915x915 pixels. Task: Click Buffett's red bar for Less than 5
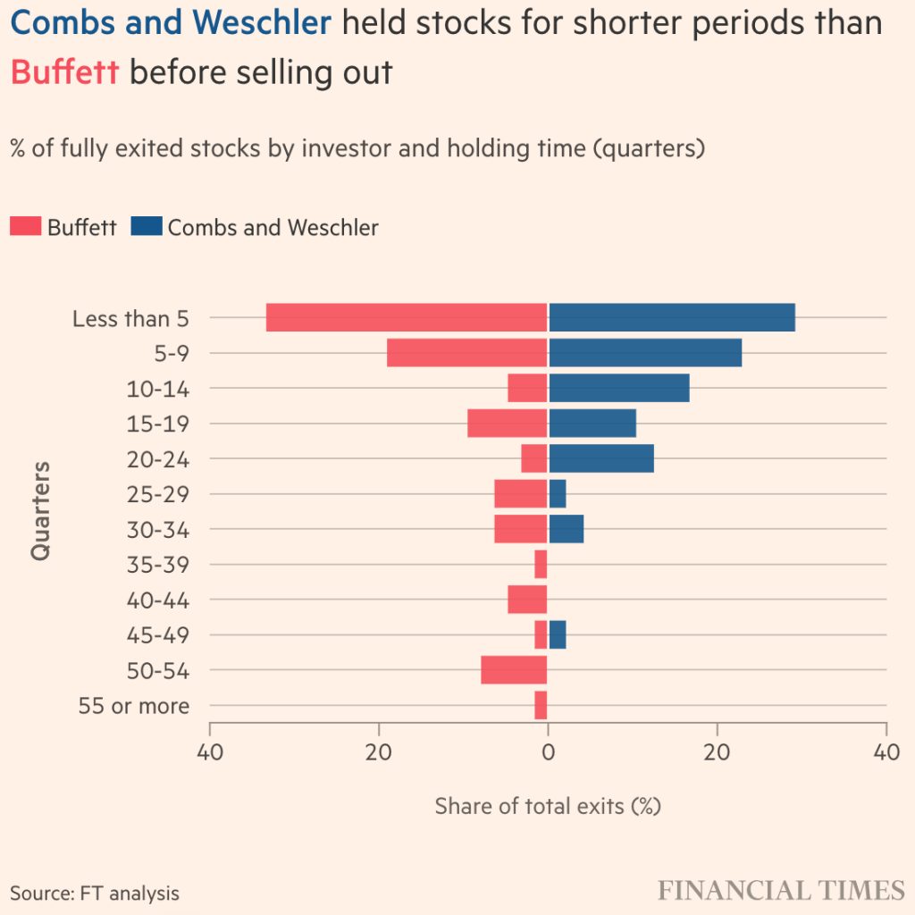(407, 317)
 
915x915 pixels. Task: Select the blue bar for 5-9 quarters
(644, 353)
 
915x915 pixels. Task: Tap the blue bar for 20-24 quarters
(600, 458)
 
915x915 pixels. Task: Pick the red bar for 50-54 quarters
(514, 670)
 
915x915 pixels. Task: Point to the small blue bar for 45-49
(558, 634)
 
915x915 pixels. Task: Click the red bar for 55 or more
(541, 705)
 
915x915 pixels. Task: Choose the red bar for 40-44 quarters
(527, 599)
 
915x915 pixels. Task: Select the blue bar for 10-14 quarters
(618, 388)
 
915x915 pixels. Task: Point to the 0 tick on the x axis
(548, 752)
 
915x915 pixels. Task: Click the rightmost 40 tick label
(886, 752)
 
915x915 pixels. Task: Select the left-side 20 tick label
(379, 752)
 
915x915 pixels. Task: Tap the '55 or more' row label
(134, 706)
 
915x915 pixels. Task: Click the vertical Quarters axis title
(40, 510)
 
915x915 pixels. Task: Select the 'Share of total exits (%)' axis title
(547, 806)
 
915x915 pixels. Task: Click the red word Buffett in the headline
(64, 71)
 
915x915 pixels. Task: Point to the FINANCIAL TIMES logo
(781, 890)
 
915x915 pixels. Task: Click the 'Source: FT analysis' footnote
(95, 893)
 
